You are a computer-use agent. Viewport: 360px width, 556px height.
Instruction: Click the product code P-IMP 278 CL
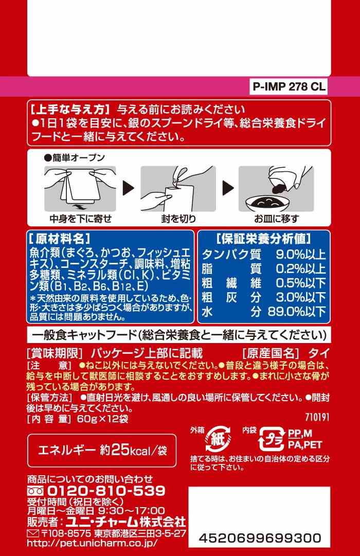pyautogui.click(x=289, y=87)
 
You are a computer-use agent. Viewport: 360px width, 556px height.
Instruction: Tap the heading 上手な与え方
pyautogui.click(x=69, y=109)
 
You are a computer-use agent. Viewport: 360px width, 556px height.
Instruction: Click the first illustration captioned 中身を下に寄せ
pyautogui.click(x=80, y=189)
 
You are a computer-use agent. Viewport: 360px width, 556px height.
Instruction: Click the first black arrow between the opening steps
pyautogui.click(x=129, y=188)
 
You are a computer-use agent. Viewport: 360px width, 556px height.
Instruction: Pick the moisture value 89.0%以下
pyautogui.click(x=297, y=312)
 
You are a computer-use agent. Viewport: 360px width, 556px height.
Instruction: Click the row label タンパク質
pyautogui.click(x=231, y=254)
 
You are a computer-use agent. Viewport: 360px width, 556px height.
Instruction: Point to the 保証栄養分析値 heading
pyautogui.click(x=263, y=239)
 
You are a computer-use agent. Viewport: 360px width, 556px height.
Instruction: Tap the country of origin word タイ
pyautogui.click(x=319, y=353)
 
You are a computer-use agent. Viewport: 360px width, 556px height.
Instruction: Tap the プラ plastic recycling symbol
pyautogui.click(x=272, y=439)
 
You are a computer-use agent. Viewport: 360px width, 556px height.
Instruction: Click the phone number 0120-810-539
pyautogui.click(x=106, y=491)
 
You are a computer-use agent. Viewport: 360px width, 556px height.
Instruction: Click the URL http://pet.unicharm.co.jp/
pyautogui.click(x=92, y=543)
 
